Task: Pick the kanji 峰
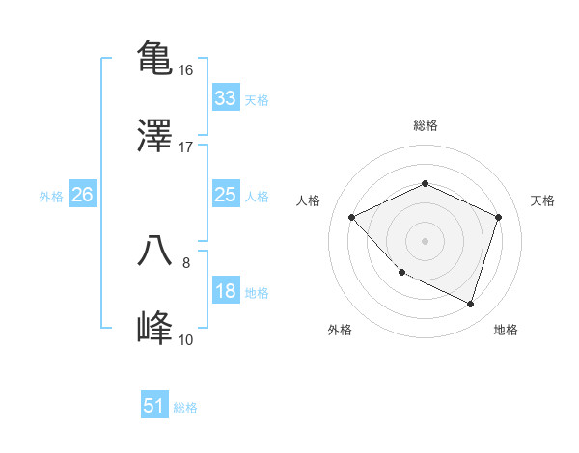tap(155, 327)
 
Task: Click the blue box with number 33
tap(225, 98)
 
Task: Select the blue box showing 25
tap(225, 196)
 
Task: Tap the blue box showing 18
tap(225, 292)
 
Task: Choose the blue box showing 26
tap(82, 196)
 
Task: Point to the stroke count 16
tap(186, 70)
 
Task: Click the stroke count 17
tap(186, 147)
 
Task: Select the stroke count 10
tap(186, 339)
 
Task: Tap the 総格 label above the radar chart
tap(425, 125)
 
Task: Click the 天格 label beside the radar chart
tap(542, 200)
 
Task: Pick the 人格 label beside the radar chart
tap(309, 200)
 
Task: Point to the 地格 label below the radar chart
tap(506, 331)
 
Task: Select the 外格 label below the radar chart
tap(340, 331)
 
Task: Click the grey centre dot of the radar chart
tap(425, 240)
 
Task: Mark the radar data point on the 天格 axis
tap(498, 217)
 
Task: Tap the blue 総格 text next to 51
tap(185, 408)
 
